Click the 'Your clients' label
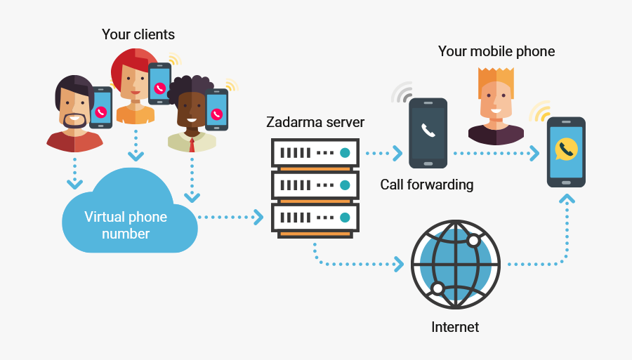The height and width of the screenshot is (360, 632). pos(138,34)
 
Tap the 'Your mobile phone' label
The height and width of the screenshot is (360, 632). pos(496,51)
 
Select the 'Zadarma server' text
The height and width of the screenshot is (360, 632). pos(315,123)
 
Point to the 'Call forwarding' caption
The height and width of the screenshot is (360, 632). pos(426,185)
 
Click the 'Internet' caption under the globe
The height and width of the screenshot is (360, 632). pos(454,327)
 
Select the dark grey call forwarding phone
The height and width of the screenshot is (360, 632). pos(428,133)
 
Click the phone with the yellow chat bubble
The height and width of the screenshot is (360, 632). pos(566,151)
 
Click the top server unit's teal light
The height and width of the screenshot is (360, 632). pos(344,152)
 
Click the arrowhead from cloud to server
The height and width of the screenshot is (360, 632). pos(258,218)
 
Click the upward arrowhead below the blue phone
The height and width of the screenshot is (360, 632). pos(566,199)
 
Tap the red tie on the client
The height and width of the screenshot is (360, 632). pos(191,145)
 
